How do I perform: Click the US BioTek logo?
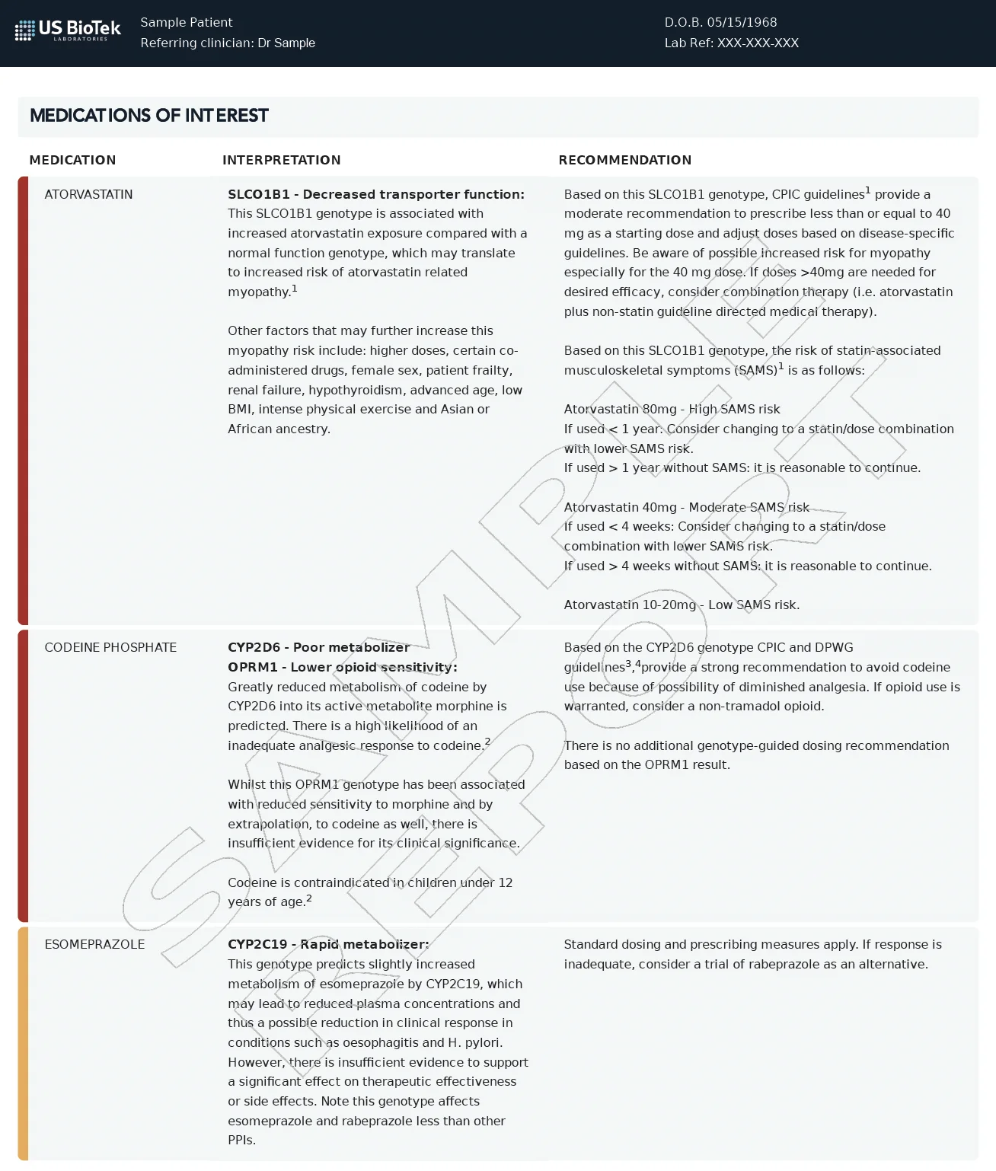[x=68, y=30]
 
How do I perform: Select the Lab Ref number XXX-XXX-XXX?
[x=758, y=43]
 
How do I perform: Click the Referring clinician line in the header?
[x=228, y=43]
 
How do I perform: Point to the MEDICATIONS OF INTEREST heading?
[x=149, y=116]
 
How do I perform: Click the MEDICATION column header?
[x=72, y=160]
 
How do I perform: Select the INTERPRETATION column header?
[x=281, y=160]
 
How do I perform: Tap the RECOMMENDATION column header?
[x=624, y=160]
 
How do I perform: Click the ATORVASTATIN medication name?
[x=88, y=195]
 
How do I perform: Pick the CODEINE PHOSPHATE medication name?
[x=110, y=648]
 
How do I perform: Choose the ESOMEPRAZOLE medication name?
[x=94, y=945]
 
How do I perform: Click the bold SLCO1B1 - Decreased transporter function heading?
[x=376, y=195]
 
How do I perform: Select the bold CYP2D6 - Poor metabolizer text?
[x=318, y=648]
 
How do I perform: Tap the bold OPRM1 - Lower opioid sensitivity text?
[x=342, y=668]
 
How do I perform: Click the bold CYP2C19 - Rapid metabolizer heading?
[x=328, y=945]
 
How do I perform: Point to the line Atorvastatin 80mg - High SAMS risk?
[x=672, y=410]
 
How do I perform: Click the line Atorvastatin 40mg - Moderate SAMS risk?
[x=686, y=508]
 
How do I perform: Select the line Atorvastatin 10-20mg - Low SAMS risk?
[x=682, y=605]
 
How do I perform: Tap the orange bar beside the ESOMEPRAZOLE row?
[x=23, y=1043]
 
